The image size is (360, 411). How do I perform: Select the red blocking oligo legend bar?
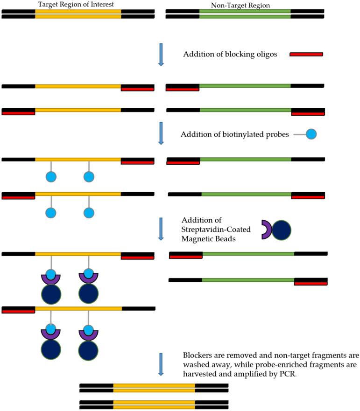pos(306,54)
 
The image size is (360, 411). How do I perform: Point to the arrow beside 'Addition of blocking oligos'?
pos(161,54)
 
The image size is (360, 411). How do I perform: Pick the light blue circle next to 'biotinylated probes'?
pos(311,134)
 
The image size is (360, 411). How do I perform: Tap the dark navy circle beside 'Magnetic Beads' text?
pos(282,230)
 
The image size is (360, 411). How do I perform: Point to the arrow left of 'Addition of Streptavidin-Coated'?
pos(161,229)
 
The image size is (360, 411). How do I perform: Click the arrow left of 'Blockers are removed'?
pos(161,364)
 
